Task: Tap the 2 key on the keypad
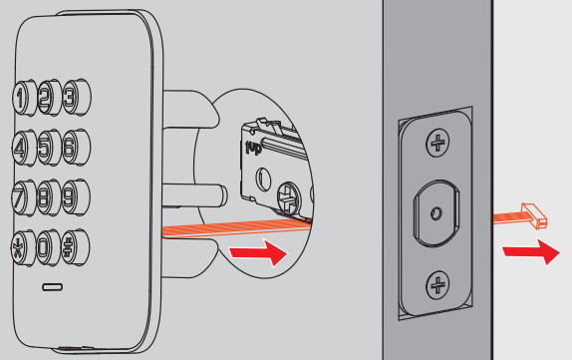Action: click(x=49, y=98)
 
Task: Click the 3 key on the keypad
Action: click(x=77, y=97)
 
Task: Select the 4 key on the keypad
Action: click(x=24, y=148)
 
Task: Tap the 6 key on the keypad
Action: click(x=77, y=147)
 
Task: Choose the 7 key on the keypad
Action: click(x=24, y=197)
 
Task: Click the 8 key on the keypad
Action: click(x=49, y=197)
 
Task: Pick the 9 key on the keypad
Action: click(x=76, y=196)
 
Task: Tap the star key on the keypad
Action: click(x=23, y=248)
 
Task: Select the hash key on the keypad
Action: click(x=75, y=247)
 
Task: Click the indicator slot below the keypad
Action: click(x=53, y=287)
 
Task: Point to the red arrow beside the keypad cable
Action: click(x=258, y=252)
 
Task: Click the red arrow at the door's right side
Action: click(x=531, y=251)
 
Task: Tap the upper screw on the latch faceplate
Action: click(x=437, y=143)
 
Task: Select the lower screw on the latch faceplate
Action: click(x=437, y=285)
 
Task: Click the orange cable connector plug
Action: click(x=534, y=216)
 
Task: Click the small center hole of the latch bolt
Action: click(x=436, y=212)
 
